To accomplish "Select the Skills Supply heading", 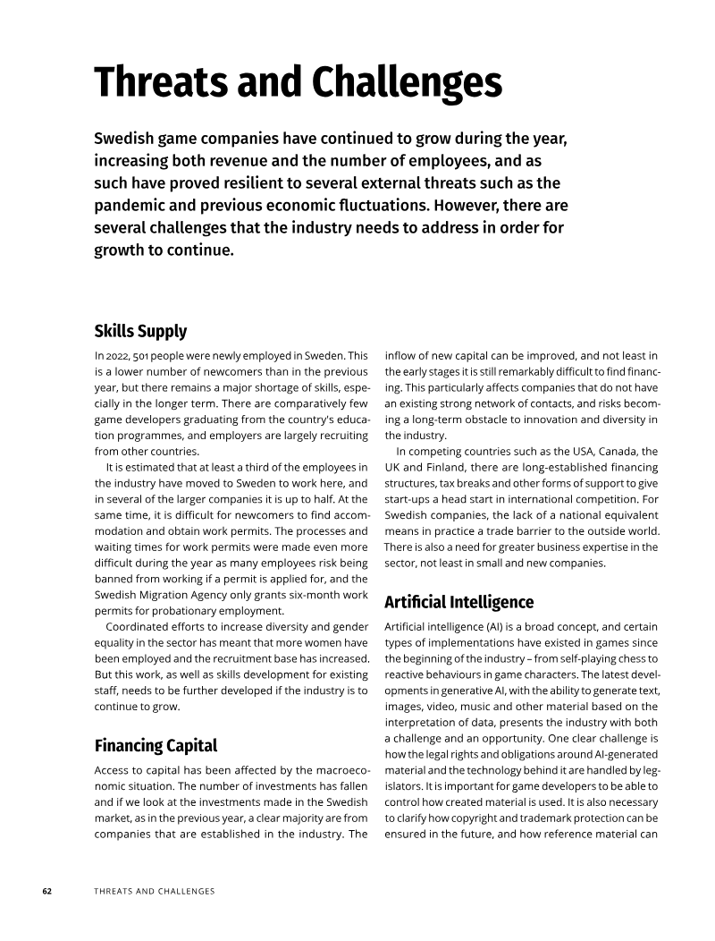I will coord(140,331).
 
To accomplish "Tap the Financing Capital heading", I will coord(156,745).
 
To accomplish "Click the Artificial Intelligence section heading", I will coord(458,601).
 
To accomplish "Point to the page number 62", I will coord(47,892).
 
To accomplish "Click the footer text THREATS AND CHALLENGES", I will coord(155,892).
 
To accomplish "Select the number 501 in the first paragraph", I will coord(141,355).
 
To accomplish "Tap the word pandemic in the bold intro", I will coord(132,205).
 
